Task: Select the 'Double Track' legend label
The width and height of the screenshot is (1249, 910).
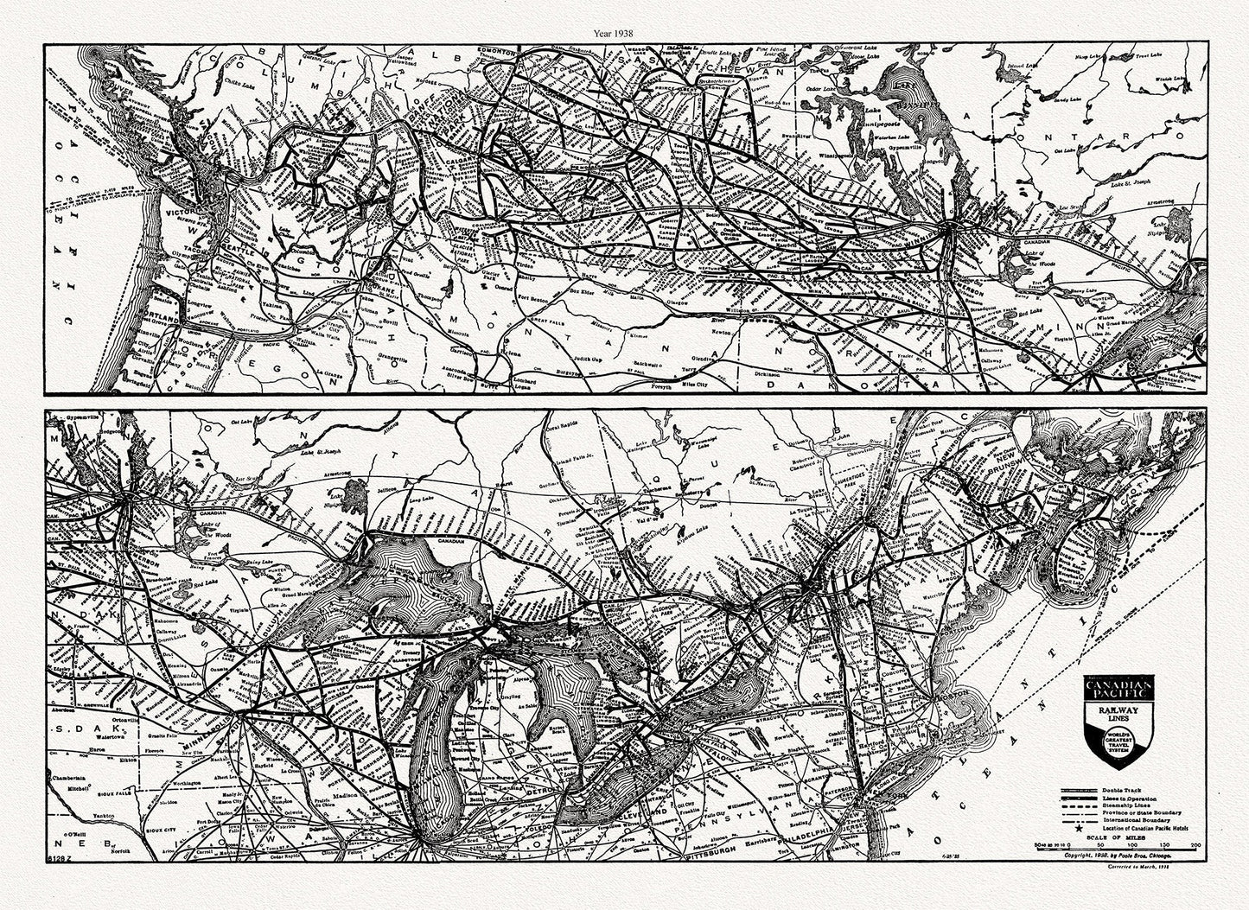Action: [x=1125, y=790]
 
